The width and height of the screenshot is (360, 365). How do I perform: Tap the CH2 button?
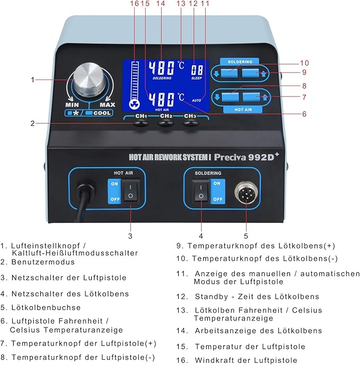166,124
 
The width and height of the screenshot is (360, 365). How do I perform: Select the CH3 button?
190,124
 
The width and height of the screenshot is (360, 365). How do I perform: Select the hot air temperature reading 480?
162,99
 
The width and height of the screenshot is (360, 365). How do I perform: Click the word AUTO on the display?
197,100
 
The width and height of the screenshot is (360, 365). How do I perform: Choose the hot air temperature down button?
229,96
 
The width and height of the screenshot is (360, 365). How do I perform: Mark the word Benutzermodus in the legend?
44,262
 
